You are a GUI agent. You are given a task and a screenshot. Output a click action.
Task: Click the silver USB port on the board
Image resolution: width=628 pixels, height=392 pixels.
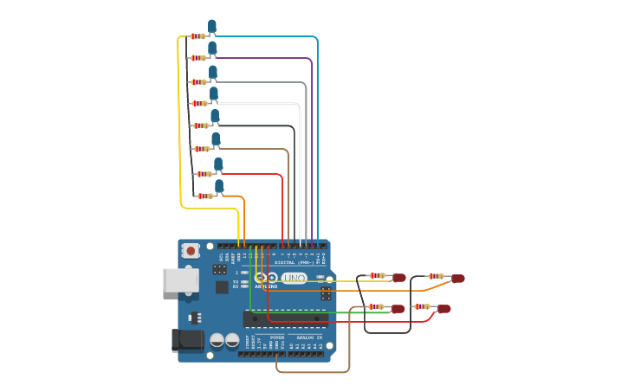click(x=179, y=280)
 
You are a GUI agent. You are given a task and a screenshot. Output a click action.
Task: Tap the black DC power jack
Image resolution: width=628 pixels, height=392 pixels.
click(x=186, y=340)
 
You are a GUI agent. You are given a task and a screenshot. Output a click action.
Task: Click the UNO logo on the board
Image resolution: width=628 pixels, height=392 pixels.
click(x=294, y=278)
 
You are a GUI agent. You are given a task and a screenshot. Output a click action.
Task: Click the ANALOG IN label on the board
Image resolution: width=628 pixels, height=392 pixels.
click(x=309, y=337)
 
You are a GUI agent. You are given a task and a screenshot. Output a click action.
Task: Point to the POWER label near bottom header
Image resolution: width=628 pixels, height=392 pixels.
click(x=277, y=337)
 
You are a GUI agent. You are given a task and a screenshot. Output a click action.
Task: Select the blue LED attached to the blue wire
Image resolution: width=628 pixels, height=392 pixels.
click(x=211, y=27)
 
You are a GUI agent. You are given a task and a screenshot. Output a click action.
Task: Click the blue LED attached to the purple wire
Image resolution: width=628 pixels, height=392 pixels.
click(x=212, y=48)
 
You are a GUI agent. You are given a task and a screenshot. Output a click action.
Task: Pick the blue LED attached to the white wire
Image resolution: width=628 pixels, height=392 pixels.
click(x=213, y=93)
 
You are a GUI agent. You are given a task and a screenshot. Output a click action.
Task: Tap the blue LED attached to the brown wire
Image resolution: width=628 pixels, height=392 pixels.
click(x=216, y=139)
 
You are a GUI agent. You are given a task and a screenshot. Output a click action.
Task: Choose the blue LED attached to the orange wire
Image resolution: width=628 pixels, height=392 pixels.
click(x=219, y=186)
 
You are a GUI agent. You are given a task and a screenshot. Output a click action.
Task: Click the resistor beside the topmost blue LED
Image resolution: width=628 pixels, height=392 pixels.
click(x=197, y=36)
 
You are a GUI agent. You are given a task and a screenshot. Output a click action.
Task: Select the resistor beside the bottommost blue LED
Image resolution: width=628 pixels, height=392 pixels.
click(x=204, y=196)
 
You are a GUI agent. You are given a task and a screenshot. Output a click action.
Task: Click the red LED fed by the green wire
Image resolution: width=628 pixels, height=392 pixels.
click(x=398, y=309)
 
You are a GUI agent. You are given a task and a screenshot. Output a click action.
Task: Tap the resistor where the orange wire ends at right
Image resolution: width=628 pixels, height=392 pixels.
click(x=435, y=277)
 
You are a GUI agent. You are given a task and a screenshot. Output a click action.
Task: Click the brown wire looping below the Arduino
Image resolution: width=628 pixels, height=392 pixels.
click(x=312, y=372)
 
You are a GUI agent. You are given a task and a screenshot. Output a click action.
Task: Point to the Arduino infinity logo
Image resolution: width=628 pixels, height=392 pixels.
click(x=267, y=278)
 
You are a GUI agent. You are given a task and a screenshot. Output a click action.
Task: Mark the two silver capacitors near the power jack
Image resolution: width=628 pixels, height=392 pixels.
click(x=224, y=340)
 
